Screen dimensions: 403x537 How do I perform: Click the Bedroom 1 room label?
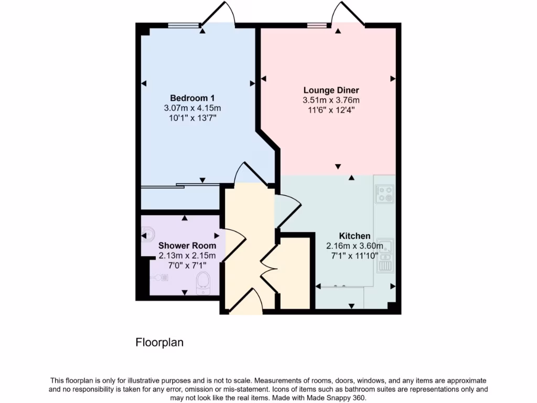pos(192,98)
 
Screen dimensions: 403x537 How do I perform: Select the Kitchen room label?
pos(355,236)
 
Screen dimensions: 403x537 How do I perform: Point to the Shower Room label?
pos(187,246)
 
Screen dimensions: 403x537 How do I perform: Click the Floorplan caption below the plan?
pos(159,343)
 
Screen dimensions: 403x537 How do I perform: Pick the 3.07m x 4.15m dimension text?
pos(192,108)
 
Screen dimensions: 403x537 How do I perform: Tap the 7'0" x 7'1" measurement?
pos(187,266)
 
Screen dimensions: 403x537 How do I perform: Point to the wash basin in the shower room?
pos(147,232)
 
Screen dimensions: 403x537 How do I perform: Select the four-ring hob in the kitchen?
pos(384,194)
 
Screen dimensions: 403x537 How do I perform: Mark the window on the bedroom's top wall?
pos(184,24)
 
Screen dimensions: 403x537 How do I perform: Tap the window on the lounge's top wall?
pos(316,24)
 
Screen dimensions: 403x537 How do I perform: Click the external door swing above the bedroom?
pos(217,13)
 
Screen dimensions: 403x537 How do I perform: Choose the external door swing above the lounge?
pos(347,13)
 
